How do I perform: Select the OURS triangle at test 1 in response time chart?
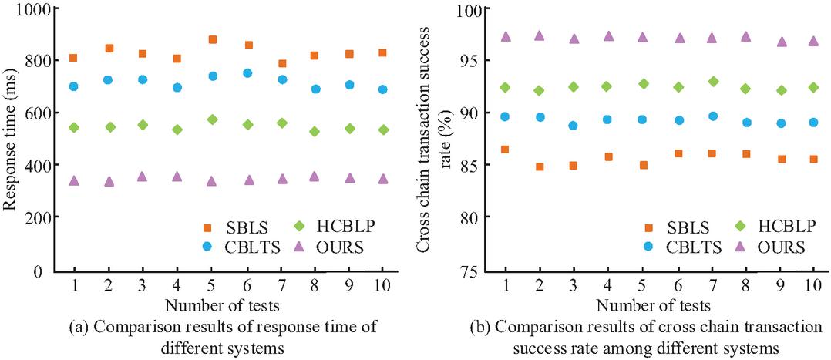pos(74,180)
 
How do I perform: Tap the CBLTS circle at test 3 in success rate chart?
pos(573,125)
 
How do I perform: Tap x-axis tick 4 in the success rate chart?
pos(607,286)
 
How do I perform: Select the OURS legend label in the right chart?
pos(780,247)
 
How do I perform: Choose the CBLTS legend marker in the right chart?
pos(648,247)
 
